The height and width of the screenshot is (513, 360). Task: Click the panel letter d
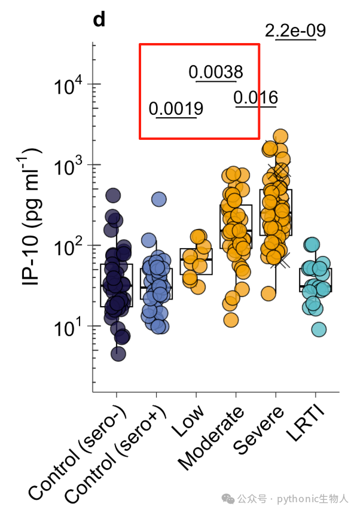pyautogui.click(x=99, y=20)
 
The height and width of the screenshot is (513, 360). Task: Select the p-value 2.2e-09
pyautogui.click(x=295, y=30)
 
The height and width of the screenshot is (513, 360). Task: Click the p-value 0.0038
pyautogui.click(x=216, y=72)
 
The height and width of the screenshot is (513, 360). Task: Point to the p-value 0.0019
pyautogui.click(x=176, y=109)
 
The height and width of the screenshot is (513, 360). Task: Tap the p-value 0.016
pyautogui.click(x=256, y=97)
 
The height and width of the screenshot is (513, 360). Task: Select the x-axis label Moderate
pyautogui.click(x=212, y=438)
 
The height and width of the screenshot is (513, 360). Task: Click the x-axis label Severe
pyautogui.click(x=258, y=430)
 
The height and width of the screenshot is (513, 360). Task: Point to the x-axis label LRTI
pyautogui.click(x=306, y=424)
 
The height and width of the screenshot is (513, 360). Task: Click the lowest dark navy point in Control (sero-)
pyautogui.click(x=118, y=354)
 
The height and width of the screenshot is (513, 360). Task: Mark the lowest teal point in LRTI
pyautogui.click(x=319, y=329)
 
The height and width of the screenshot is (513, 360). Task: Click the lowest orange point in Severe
pyautogui.click(x=269, y=294)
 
